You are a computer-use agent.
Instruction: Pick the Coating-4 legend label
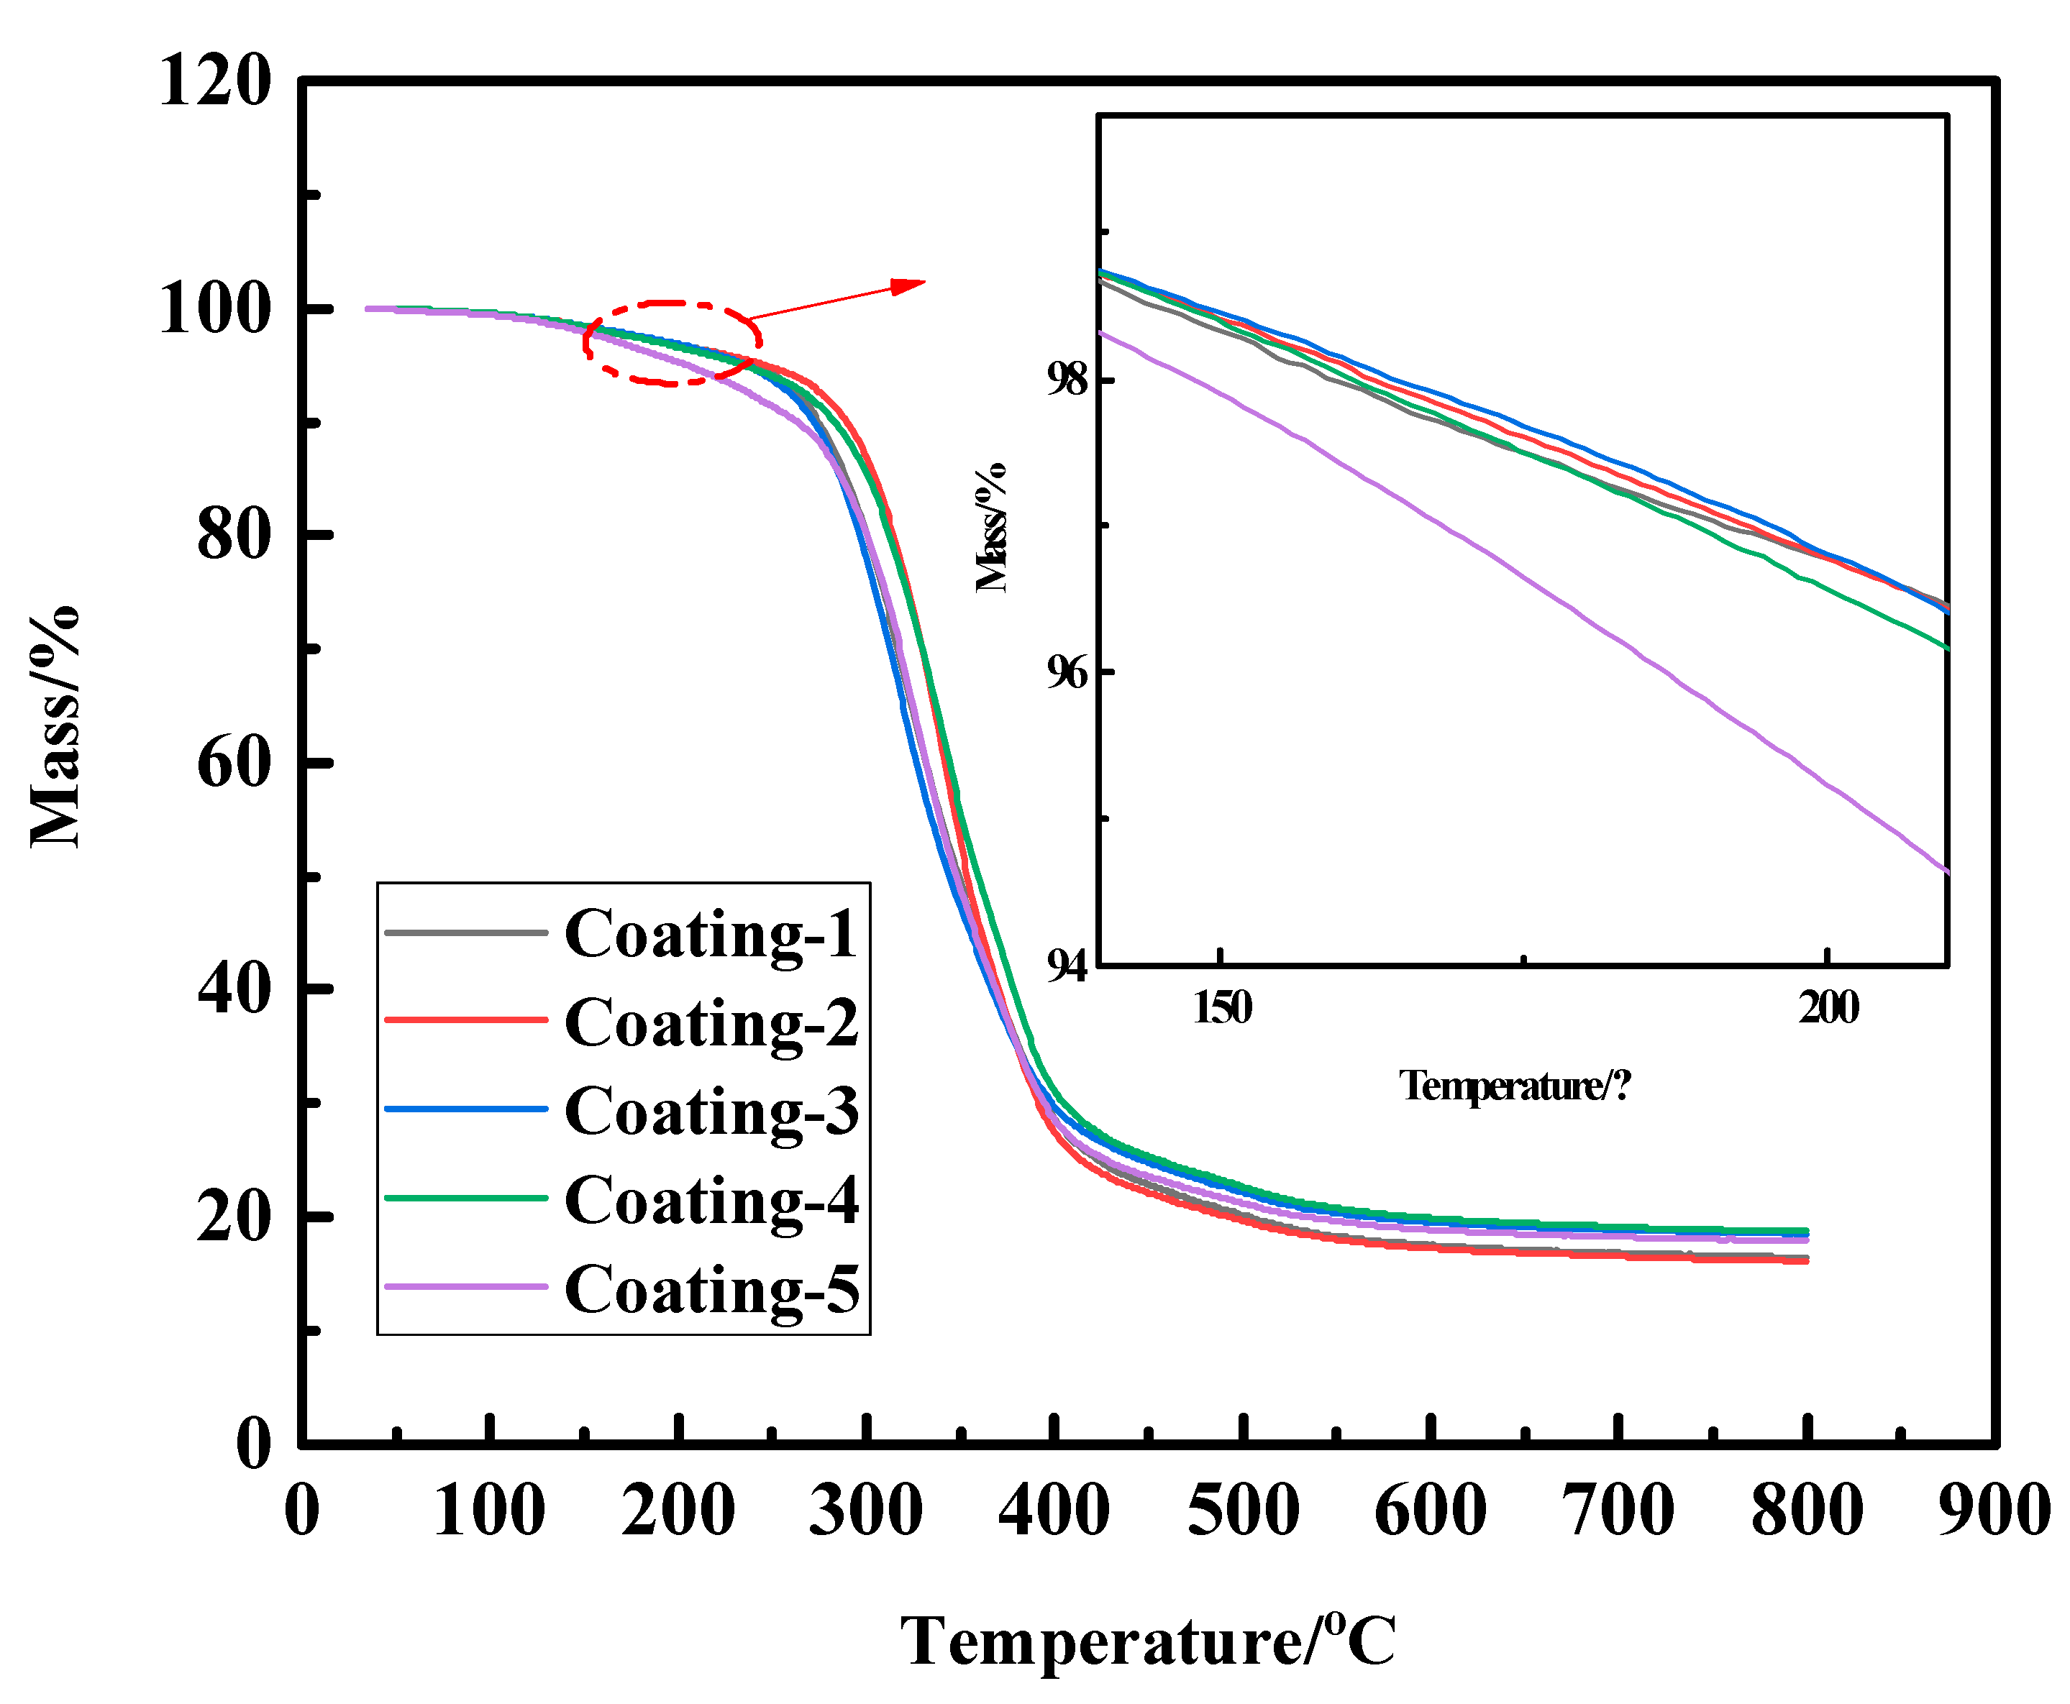click(710, 1199)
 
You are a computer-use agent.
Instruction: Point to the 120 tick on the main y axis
click(214, 81)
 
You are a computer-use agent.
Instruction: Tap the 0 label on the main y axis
click(253, 1444)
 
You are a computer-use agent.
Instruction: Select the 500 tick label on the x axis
click(1242, 1511)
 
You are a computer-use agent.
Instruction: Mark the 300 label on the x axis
click(865, 1511)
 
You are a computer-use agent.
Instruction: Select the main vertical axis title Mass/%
click(55, 726)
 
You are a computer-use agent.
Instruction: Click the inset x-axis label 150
click(1221, 1008)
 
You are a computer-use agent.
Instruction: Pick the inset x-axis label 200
click(1828, 1008)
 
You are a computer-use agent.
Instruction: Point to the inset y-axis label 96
click(1067, 674)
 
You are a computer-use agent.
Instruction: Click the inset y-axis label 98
click(1067, 379)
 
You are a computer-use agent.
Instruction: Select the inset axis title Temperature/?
click(1513, 1086)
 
